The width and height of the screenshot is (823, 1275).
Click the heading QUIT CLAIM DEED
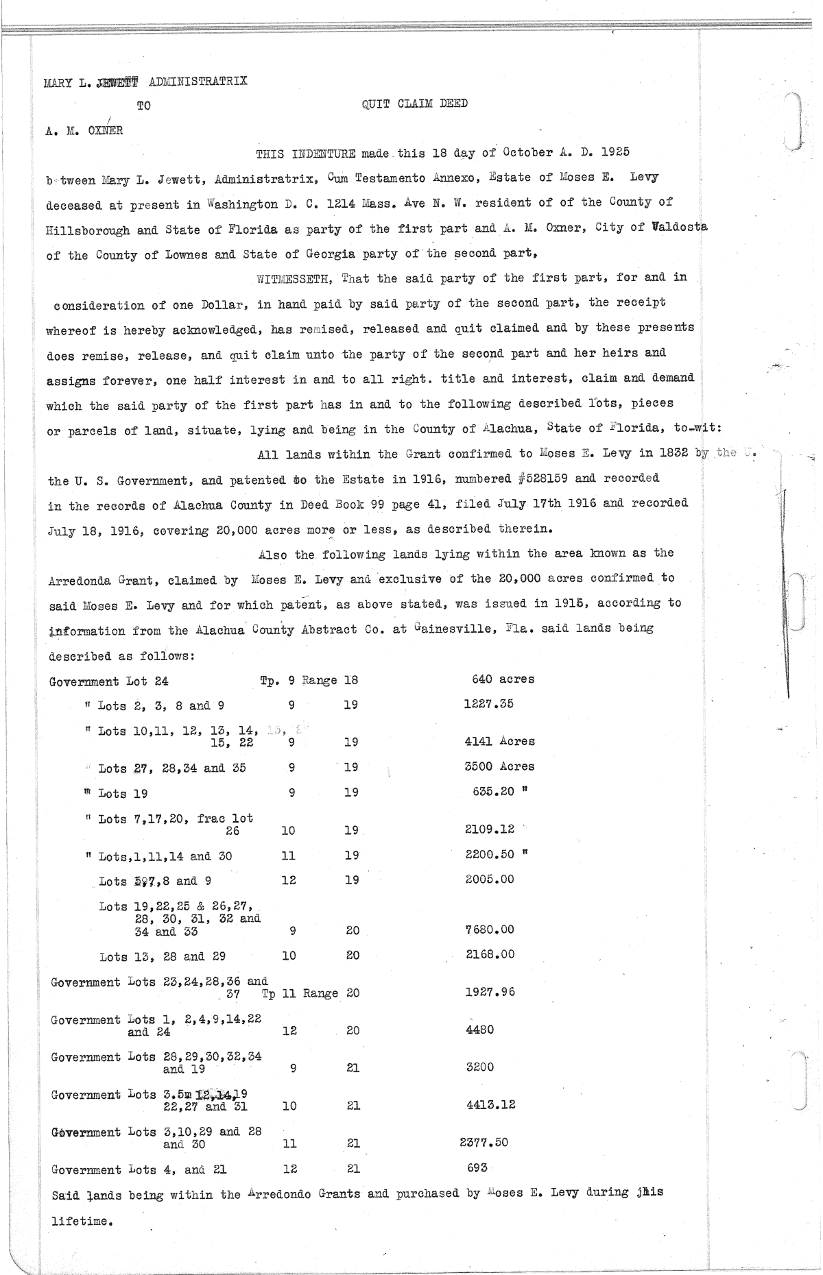point(414,104)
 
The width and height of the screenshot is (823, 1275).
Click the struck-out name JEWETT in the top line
point(117,82)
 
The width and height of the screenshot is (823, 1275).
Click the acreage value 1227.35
point(488,704)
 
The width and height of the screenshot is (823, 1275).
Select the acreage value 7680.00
point(490,930)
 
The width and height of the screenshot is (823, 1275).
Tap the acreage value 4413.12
point(490,1104)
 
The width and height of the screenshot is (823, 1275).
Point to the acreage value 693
point(477,1167)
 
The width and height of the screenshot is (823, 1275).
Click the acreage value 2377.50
point(484,1142)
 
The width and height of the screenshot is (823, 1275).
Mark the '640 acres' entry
point(503,679)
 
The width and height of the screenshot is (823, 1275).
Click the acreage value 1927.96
point(490,992)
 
